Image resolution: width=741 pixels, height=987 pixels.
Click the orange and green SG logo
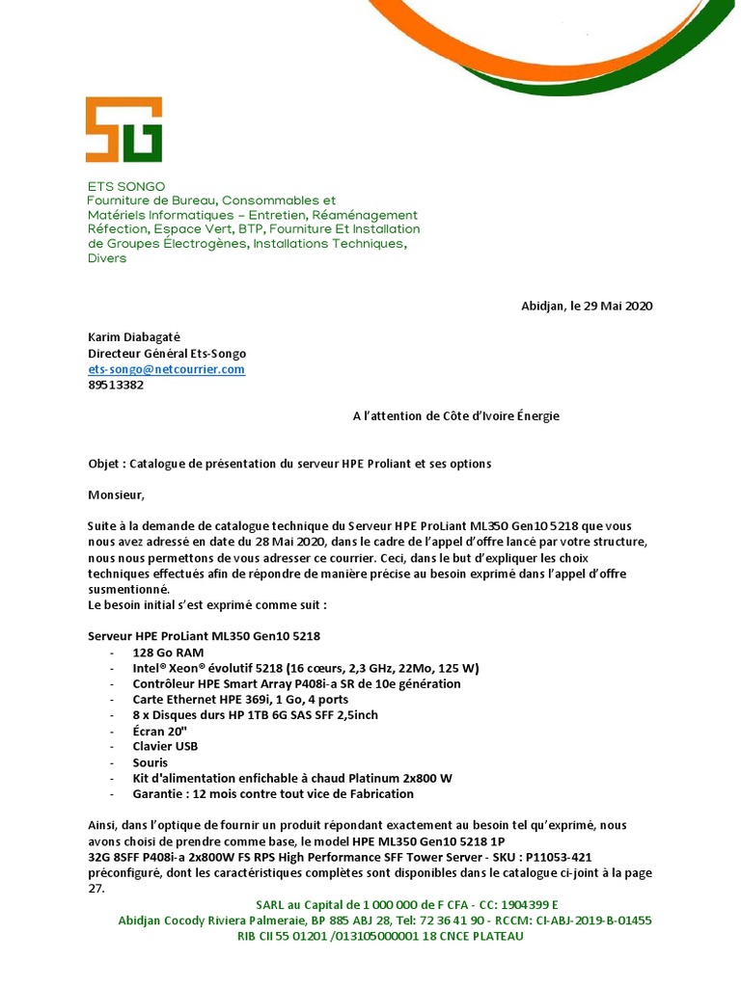coord(123,129)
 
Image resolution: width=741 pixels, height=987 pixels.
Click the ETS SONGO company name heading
coord(126,186)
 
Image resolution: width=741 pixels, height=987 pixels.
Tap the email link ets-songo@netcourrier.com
coord(166,369)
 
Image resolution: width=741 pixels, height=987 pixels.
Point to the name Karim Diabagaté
coord(134,338)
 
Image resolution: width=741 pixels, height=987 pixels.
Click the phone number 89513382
coord(116,385)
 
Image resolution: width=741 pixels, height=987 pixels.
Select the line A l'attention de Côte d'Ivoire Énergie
coord(455,416)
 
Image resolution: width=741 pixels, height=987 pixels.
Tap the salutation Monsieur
coord(116,495)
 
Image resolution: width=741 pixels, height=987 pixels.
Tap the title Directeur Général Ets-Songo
coord(167,354)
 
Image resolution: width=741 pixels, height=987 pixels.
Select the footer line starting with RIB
coord(380,936)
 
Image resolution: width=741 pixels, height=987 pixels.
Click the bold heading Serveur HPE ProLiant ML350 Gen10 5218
coord(204,636)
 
